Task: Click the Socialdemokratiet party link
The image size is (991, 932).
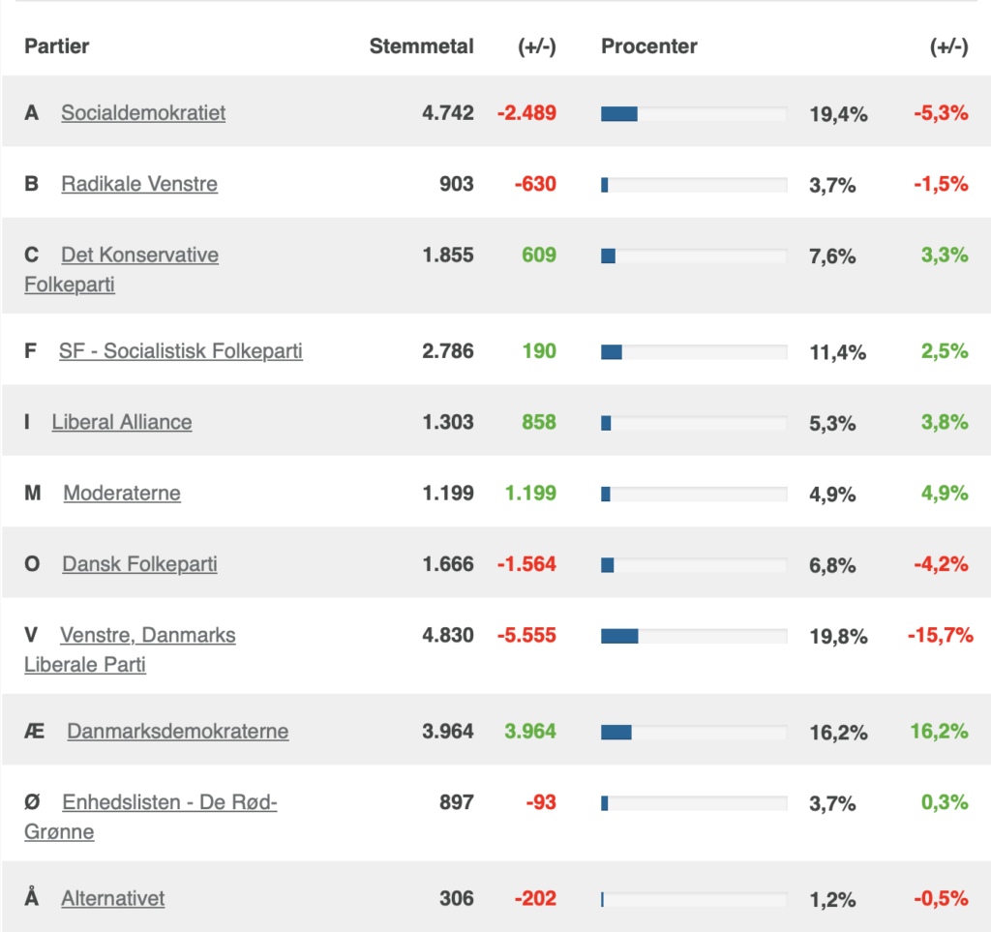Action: point(143,112)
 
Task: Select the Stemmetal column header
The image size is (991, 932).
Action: point(421,46)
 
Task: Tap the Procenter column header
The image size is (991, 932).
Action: point(648,46)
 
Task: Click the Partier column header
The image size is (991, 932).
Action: point(57,46)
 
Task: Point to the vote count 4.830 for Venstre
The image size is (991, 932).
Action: point(448,636)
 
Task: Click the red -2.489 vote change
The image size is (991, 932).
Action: point(526,112)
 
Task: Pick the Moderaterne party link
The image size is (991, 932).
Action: point(122,493)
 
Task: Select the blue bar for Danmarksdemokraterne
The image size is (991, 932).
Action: point(616,732)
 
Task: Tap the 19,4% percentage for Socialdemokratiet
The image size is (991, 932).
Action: point(838,114)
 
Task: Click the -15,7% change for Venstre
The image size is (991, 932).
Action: point(938,636)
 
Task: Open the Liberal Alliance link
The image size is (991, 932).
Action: point(122,422)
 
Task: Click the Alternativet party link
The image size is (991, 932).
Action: point(113,898)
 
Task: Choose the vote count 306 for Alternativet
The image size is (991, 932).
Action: point(456,898)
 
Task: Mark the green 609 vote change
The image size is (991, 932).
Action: point(539,255)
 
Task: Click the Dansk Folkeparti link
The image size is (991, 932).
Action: point(139,563)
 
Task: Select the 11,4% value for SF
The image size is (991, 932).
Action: point(838,352)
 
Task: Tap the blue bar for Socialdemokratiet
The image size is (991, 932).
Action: point(619,113)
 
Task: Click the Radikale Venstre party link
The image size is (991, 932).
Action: point(139,184)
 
